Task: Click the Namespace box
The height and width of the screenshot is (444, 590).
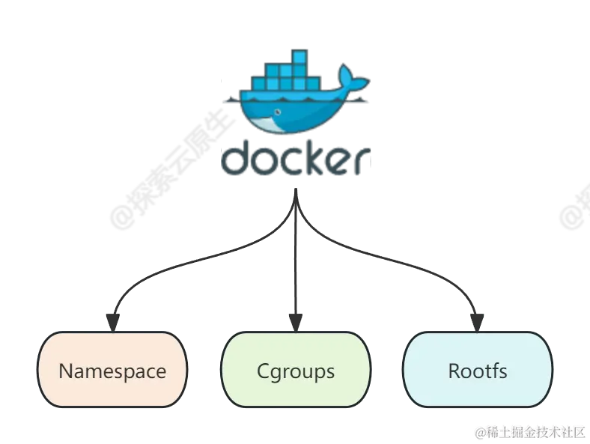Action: pos(112,371)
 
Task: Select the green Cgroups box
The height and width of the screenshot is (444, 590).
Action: pos(296,371)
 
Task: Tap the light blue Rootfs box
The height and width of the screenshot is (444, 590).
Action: pos(478,371)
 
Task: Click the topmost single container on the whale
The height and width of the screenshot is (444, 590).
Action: pos(300,57)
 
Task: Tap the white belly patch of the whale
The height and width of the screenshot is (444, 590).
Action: pos(270,122)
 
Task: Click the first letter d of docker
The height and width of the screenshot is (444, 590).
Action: pos(237,159)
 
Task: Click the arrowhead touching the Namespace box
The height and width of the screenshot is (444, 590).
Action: pos(111,323)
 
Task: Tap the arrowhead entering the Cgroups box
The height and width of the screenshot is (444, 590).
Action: pos(296,323)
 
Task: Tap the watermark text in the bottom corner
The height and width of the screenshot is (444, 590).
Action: pos(528,431)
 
